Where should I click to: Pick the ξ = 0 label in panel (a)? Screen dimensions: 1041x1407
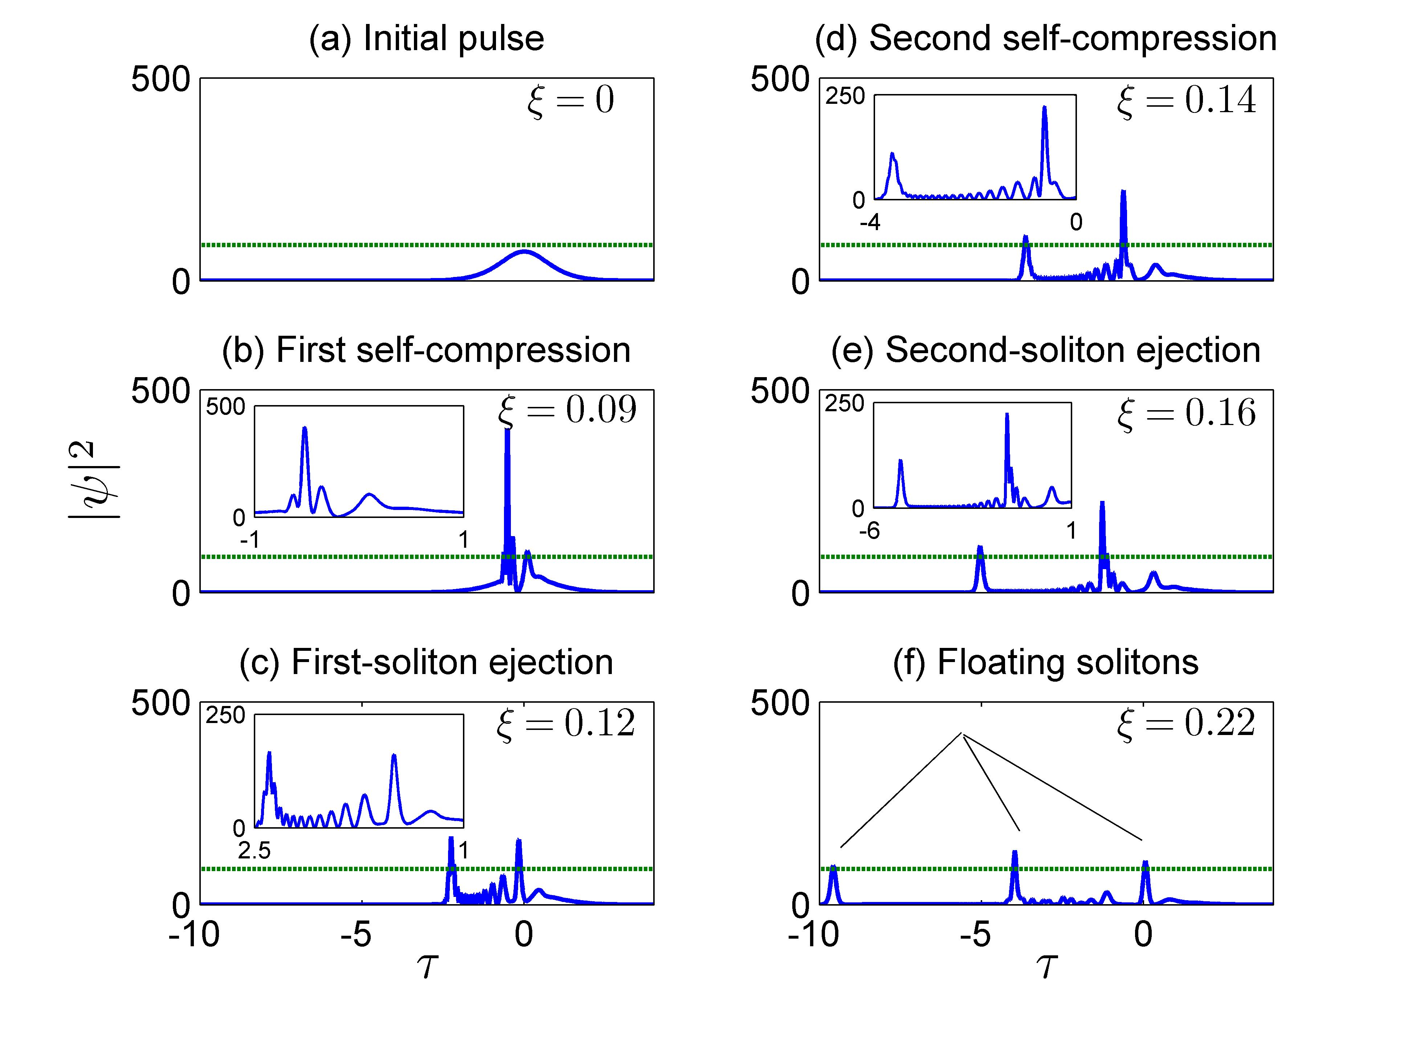click(x=570, y=101)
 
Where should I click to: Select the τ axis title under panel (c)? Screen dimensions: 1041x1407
click(x=427, y=966)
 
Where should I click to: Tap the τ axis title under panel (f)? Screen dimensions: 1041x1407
click(x=1046, y=966)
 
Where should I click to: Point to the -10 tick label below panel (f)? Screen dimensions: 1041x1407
click(x=814, y=935)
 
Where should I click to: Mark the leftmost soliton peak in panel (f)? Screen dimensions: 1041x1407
click(x=833, y=867)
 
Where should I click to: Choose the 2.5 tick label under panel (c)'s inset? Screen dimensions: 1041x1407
click(x=254, y=851)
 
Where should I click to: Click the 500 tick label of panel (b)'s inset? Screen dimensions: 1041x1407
click(x=225, y=407)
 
